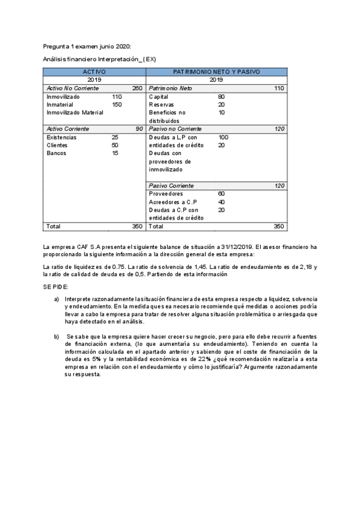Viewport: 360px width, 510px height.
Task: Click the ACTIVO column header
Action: click(94, 72)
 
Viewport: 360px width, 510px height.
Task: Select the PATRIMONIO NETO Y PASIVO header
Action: click(216, 72)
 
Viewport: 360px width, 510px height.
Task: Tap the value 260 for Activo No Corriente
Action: click(137, 88)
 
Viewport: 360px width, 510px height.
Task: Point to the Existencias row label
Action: click(61, 137)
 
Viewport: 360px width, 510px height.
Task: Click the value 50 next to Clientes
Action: click(115, 145)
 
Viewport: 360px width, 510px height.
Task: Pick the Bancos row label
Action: click(57, 153)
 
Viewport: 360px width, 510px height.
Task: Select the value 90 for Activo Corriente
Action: click(139, 129)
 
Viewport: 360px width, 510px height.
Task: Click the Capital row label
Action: click(159, 97)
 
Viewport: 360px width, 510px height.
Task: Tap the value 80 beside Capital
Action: click(221, 97)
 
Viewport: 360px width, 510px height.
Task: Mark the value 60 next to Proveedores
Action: click(221, 194)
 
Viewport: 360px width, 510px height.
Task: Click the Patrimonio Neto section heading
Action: click(170, 88)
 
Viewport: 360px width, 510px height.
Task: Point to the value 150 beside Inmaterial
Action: click(117, 105)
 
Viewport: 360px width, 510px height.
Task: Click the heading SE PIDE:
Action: click(56, 287)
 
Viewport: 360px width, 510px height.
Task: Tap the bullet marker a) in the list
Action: click(56, 299)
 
